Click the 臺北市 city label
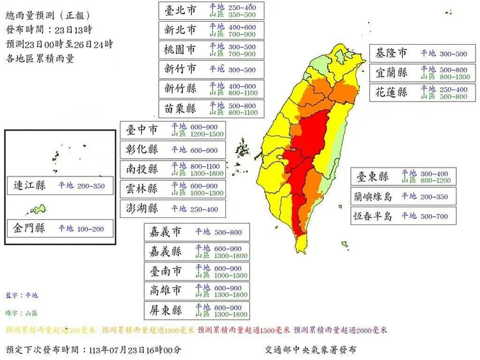tap(180, 10)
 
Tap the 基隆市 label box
tap(392, 54)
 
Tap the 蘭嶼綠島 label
tap(374, 196)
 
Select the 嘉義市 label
tap(166, 232)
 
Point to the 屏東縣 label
tap(166, 311)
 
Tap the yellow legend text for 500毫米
tap(50, 331)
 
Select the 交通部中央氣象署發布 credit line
tap(310, 350)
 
